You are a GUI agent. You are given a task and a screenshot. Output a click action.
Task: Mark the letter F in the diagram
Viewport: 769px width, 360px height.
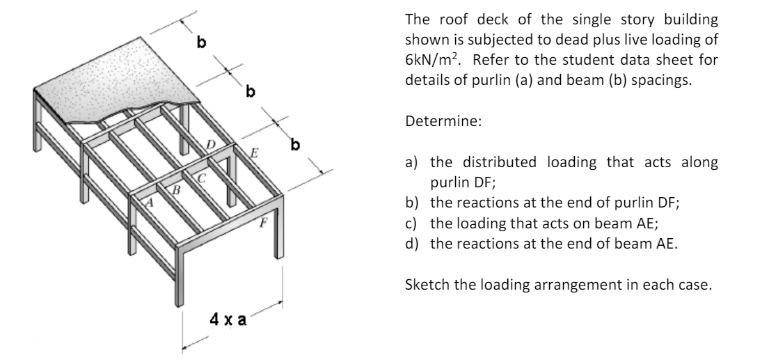point(263,224)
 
